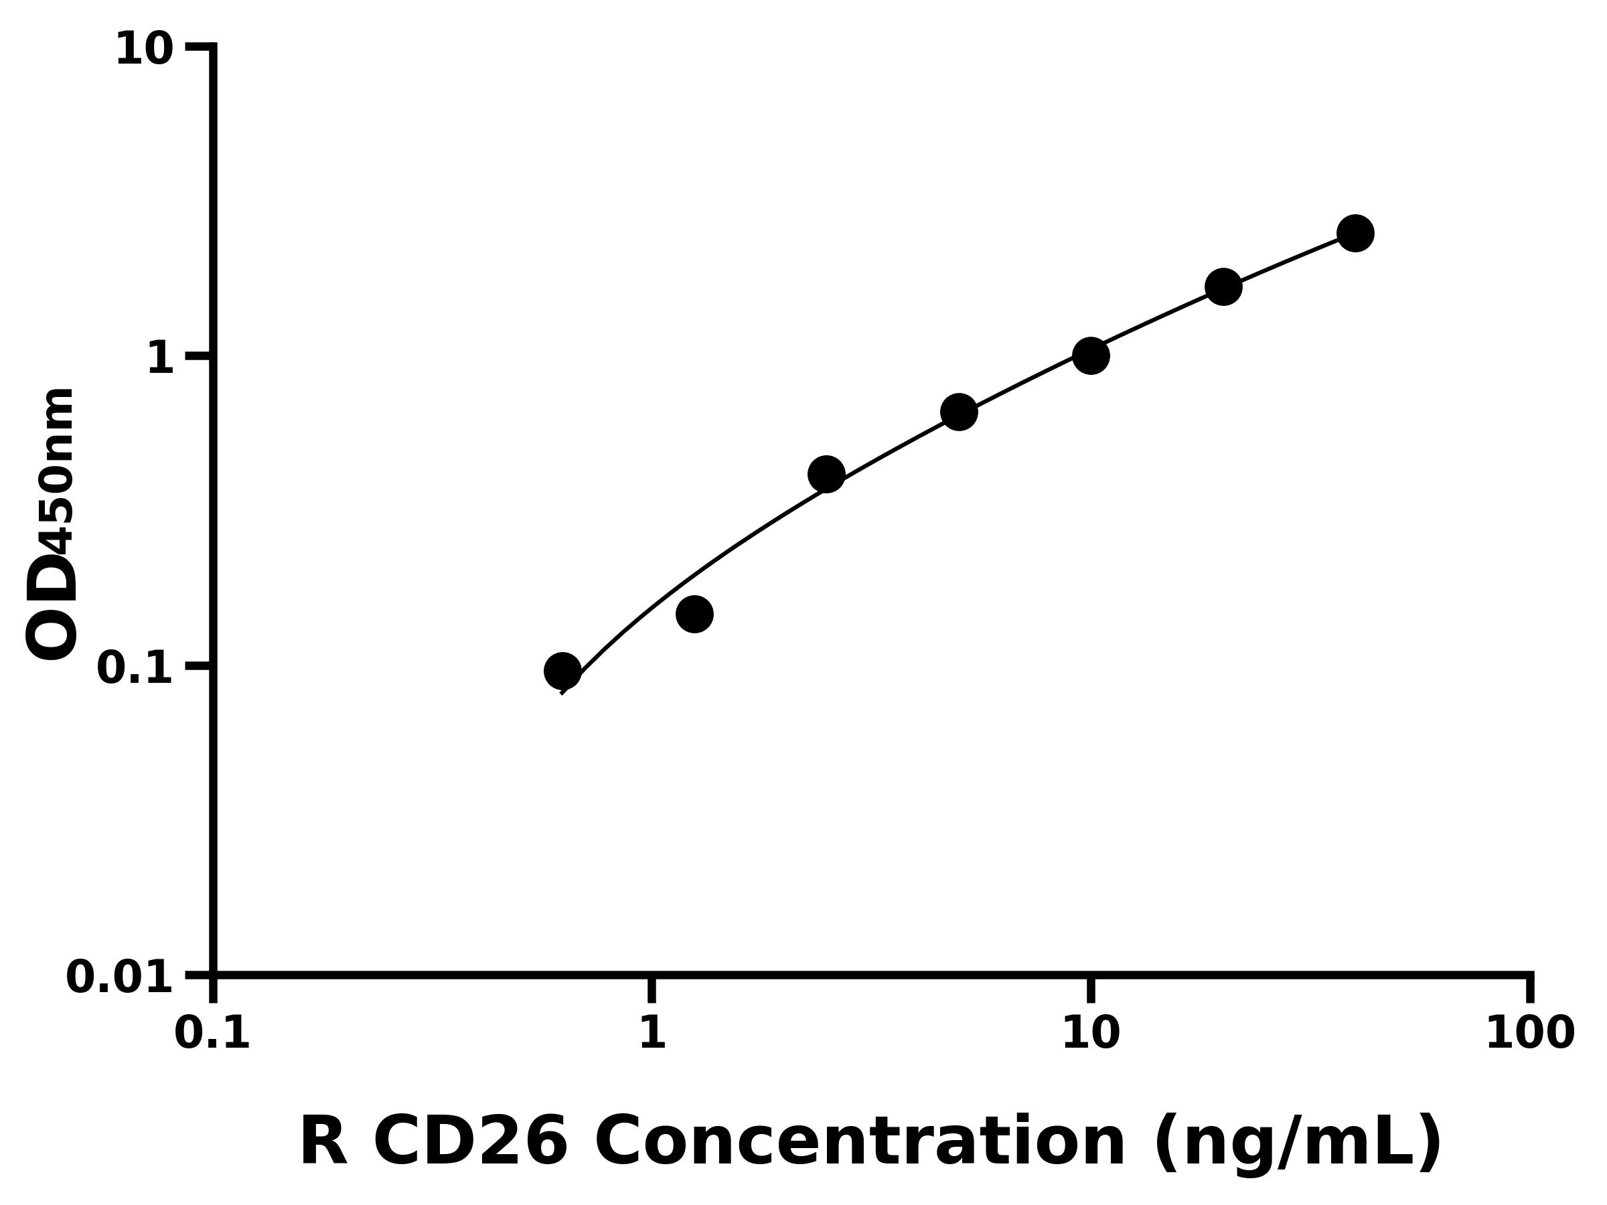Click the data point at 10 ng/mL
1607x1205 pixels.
[x=1091, y=356]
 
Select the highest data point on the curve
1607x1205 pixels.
[x=1356, y=233]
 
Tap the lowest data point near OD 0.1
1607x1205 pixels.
[x=562, y=670]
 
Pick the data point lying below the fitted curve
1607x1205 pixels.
[x=694, y=615]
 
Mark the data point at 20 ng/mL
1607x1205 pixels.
[x=1223, y=287]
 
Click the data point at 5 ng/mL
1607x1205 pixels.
[x=959, y=412]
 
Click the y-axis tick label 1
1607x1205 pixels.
[x=161, y=359]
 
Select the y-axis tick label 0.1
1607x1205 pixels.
[x=135, y=668]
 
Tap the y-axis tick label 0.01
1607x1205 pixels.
[x=120, y=977]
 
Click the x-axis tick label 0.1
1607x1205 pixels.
[x=212, y=1034]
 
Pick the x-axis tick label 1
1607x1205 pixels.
[x=652, y=1034]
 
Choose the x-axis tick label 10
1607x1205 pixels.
[x=1091, y=1034]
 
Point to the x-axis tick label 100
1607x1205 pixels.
[x=1530, y=1034]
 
